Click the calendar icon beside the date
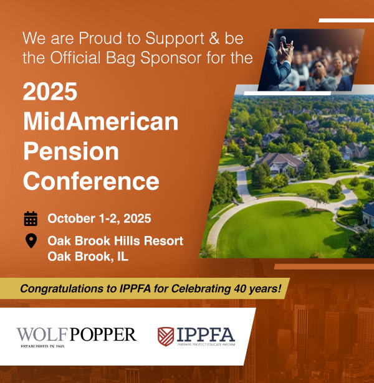31,219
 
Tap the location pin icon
31,240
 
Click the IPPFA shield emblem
166,336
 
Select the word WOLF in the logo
42,334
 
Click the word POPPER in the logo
103,334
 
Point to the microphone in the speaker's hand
284,42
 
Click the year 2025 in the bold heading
50,92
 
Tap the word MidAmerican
101,121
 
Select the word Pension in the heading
71,151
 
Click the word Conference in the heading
91,181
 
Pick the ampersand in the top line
214,38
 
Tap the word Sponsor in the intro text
171,59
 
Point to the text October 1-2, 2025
99,219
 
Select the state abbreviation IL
123,257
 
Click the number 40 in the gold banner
239,288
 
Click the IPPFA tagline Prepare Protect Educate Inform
206,344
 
